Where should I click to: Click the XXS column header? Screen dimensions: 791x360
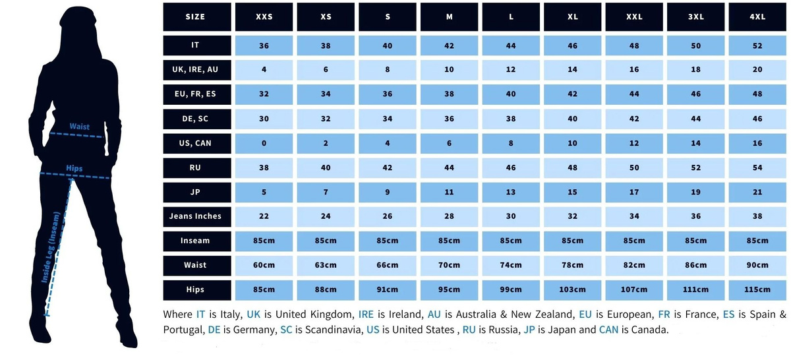[x=264, y=16]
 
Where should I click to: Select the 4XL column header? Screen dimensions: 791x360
[x=757, y=16]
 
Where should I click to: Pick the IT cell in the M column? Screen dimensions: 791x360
[x=449, y=45]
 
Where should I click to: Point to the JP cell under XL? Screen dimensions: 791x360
[x=572, y=192]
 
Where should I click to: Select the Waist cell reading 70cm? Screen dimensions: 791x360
[x=449, y=265]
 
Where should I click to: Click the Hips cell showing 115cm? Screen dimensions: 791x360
[x=757, y=289]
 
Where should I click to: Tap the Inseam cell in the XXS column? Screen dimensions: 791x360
[x=264, y=241]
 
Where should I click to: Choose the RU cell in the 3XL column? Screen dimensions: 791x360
[x=695, y=168]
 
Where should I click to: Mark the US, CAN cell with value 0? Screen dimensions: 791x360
[x=264, y=143]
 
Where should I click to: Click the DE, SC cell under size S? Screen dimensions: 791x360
[x=388, y=119]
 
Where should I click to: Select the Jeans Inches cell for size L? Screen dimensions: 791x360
[x=511, y=216]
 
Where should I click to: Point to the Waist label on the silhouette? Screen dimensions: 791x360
[x=80, y=127]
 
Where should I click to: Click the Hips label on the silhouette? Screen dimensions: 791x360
[x=74, y=168]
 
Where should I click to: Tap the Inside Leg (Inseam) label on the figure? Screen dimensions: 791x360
[x=51, y=247]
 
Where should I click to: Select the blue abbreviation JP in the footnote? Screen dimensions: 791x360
[x=529, y=330]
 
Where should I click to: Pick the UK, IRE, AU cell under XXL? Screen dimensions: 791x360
[x=634, y=70]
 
